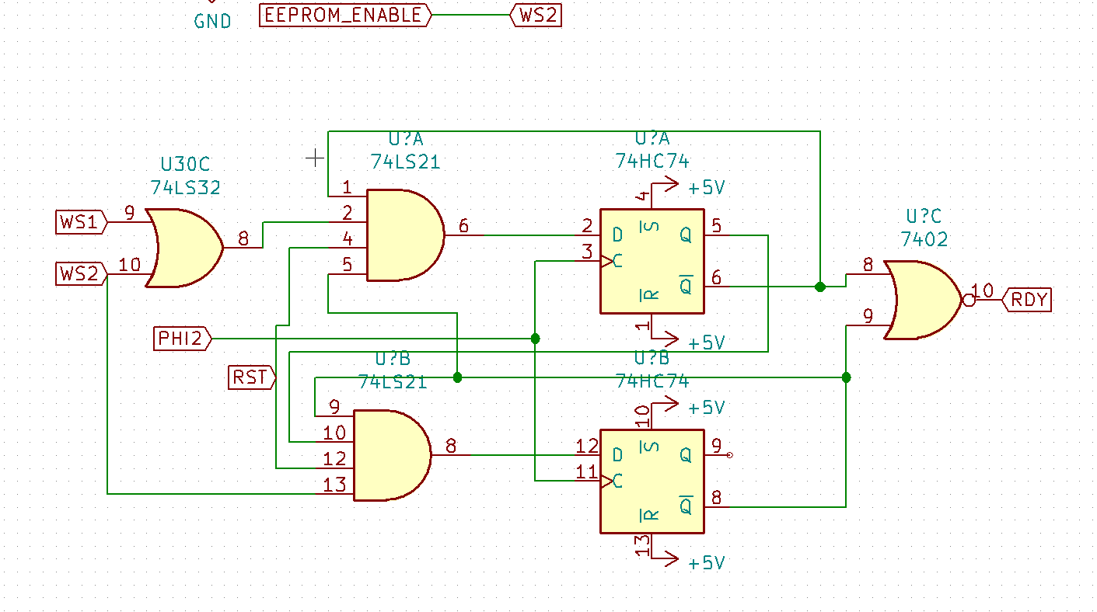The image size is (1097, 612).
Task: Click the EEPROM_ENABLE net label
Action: [x=344, y=15]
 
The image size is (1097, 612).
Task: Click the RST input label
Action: [x=251, y=377]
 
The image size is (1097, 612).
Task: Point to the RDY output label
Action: [x=1028, y=300]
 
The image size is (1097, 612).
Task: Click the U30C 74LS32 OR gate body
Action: [x=183, y=248]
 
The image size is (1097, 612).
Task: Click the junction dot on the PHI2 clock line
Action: [x=536, y=339]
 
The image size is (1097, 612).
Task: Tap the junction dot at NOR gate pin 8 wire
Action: [x=820, y=287]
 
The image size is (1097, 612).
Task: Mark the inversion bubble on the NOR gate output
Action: [x=968, y=300]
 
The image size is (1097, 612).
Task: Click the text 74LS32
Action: [x=185, y=187]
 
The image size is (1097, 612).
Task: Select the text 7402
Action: [x=924, y=239]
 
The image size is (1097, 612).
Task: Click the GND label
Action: [x=212, y=21]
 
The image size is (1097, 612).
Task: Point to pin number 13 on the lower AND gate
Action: [x=335, y=485]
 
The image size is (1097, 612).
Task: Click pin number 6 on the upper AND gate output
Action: [x=463, y=226]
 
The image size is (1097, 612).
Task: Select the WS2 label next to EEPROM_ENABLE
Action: [x=537, y=15]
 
